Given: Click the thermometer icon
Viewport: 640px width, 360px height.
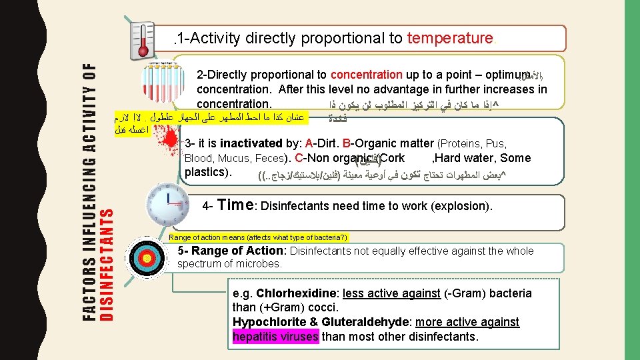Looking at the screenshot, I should coord(143,39).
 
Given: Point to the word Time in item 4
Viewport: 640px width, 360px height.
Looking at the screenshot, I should coord(234,205).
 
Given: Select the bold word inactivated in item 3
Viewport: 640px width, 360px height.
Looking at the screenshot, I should coord(249,144).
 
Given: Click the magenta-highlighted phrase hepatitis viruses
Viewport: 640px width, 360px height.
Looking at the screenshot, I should coord(275,337).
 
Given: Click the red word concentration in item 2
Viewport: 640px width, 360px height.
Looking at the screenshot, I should coord(366,75).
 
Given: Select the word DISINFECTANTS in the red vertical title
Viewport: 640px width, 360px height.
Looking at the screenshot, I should coord(105,264).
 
